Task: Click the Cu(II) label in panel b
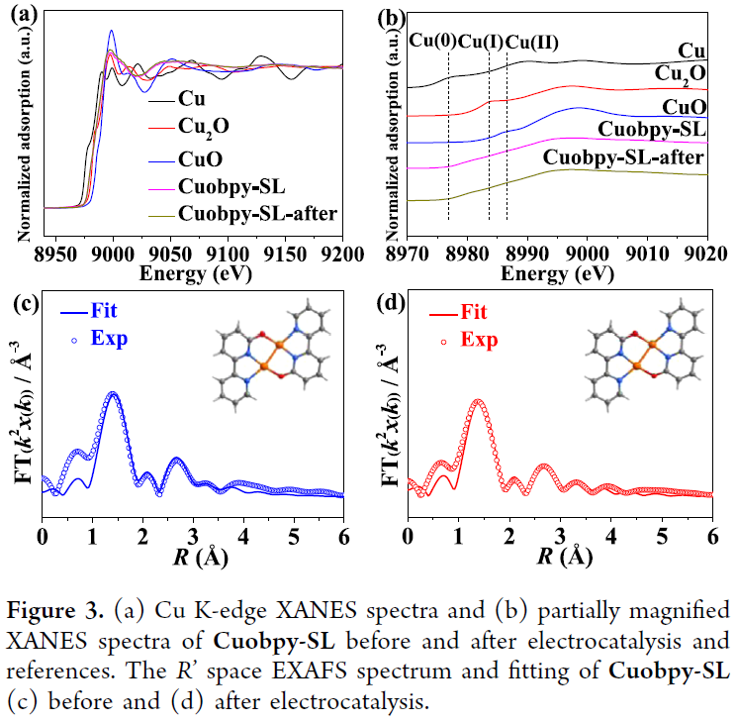tap(532, 41)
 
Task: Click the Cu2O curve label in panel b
tap(681, 74)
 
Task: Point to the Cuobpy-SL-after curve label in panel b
tap(624, 156)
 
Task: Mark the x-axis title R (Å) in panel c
tap(193, 557)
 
